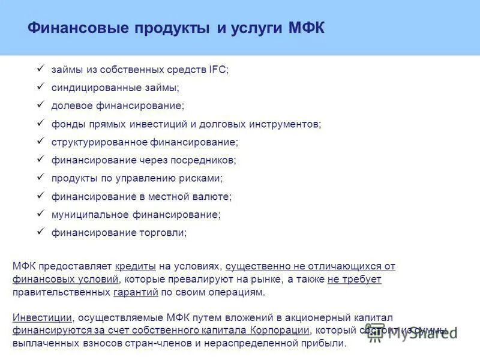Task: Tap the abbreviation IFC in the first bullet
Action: pyautogui.click(x=218, y=70)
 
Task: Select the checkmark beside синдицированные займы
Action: pyautogui.click(x=41, y=87)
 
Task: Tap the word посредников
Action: pyautogui.click(x=205, y=160)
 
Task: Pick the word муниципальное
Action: pyautogui.click(x=87, y=214)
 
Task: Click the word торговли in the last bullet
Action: pyautogui.click(x=164, y=232)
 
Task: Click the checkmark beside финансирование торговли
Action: pyautogui.click(x=41, y=231)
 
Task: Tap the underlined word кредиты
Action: pyautogui.click(x=136, y=266)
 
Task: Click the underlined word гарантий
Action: pyautogui.click(x=136, y=292)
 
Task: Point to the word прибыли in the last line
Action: pyautogui.click(x=327, y=344)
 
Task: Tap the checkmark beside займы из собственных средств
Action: pyautogui.click(x=41, y=69)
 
